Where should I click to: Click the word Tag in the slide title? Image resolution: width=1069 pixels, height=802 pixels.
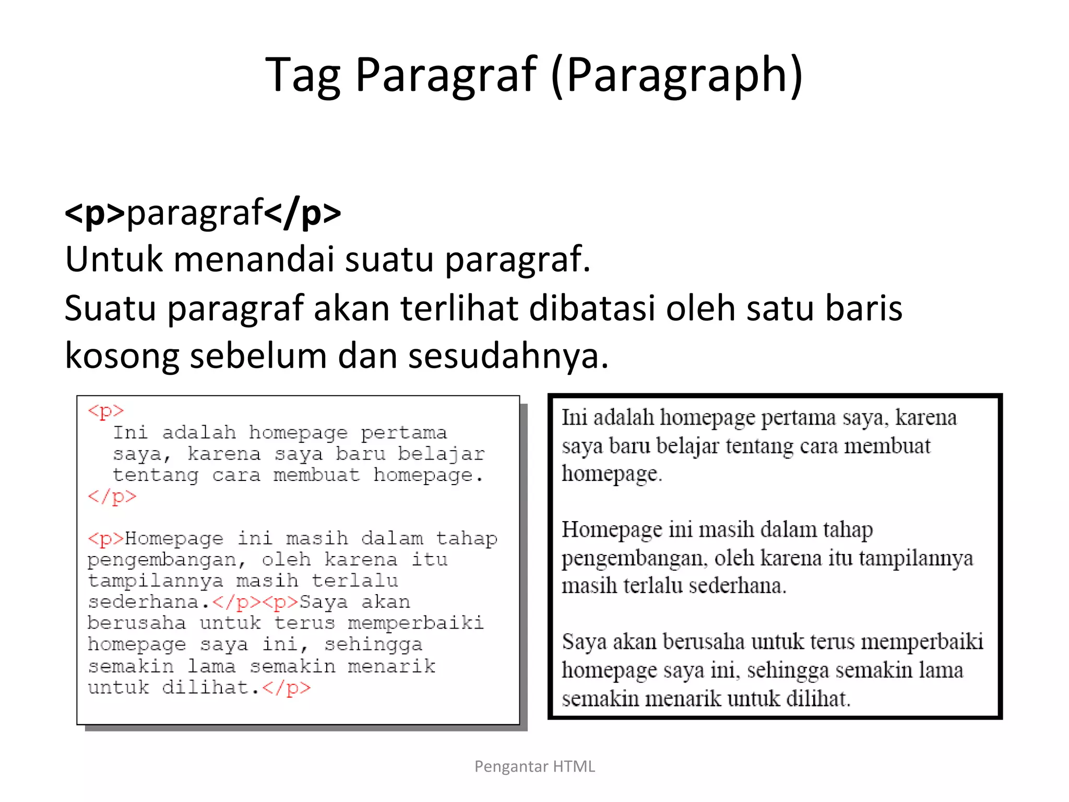(x=303, y=76)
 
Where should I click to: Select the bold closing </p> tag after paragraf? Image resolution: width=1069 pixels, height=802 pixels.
(x=303, y=213)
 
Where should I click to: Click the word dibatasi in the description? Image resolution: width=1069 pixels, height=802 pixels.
(x=592, y=308)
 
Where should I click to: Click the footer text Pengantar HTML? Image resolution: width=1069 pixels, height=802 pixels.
(x=534, y=766)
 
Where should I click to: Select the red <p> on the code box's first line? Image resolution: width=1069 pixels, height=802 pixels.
(x=106, y=411)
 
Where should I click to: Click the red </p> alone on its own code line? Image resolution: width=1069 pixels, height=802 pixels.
(x=112, y=496)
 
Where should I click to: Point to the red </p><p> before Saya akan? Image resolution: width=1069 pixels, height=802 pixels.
(x=255, y=603)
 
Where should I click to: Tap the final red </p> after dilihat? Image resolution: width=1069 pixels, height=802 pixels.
(x=286, y=688)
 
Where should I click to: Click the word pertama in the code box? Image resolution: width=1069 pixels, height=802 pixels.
(x=403, y=433)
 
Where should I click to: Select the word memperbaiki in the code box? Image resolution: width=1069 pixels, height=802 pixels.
(x=415, y=623)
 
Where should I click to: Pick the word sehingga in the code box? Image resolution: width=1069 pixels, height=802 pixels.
(x=373, y=645)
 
